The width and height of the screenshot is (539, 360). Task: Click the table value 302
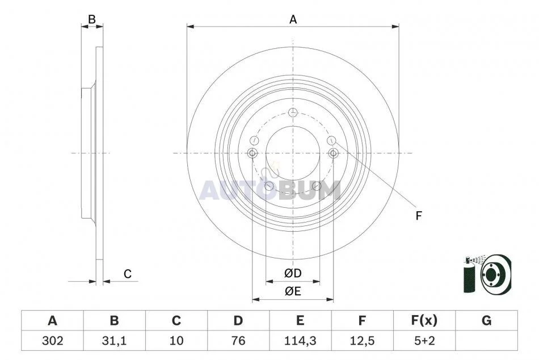point(53,341)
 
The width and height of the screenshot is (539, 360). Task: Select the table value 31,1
point(114,341)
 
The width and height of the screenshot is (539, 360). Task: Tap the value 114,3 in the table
point(300,341)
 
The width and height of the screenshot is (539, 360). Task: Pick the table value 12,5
point(362,341)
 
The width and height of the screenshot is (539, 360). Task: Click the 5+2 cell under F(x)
point(424,341)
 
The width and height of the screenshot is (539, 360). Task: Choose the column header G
point(486,321)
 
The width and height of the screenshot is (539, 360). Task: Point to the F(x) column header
point(424,321)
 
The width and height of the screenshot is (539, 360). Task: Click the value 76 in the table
point(238,341)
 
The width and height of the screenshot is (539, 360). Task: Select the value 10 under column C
point(176,341)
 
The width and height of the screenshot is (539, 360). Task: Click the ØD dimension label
point(293,273)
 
